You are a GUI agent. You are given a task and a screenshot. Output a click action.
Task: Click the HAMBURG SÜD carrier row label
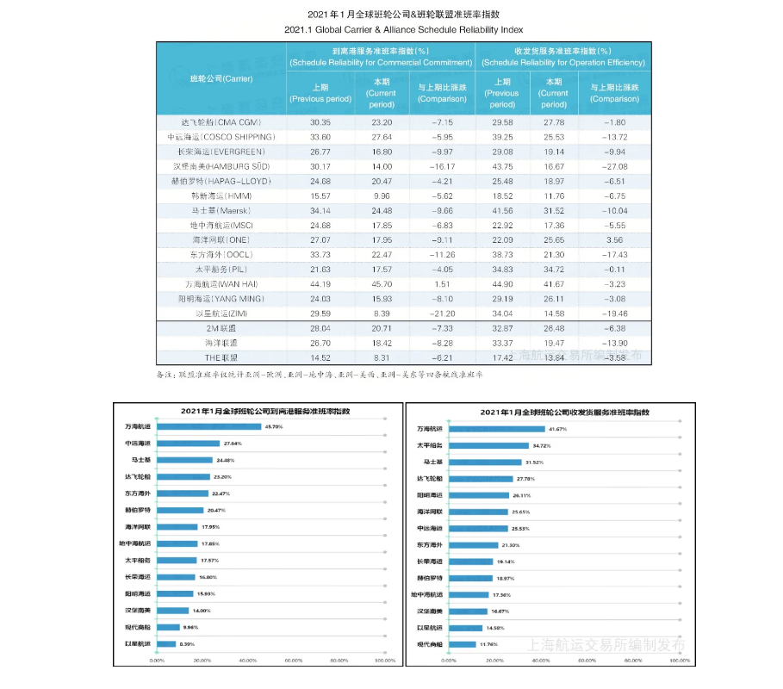pyautogui.click(x=221, y=166)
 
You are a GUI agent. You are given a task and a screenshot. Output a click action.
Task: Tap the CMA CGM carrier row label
pyautogui.click(x=221, y=121)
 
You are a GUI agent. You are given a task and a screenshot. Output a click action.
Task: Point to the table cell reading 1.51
pyautogui.click(x=442, y=284)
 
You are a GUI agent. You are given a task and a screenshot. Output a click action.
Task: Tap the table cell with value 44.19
pyautogui.click(x=320, y=284)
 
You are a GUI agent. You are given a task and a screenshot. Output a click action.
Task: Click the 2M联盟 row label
pyautogui.click(x=221, y=329)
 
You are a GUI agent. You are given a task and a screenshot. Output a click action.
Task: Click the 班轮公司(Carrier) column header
pyautogui.click(x=221, y=79)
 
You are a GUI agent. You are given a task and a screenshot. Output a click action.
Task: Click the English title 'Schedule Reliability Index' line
pyautogui.click(x=391, y=29)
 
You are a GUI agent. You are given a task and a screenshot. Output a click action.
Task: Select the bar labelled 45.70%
pyautogui.click(x=208, y=427)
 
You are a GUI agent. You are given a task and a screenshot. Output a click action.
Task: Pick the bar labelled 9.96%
pyautogui.click(x=168, y=627)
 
